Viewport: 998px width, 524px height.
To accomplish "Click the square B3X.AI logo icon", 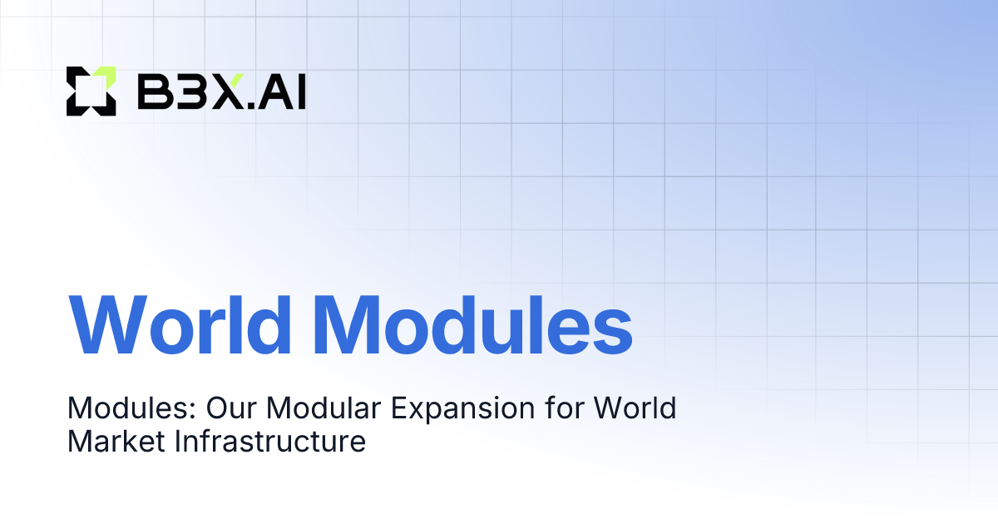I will click(91, 91).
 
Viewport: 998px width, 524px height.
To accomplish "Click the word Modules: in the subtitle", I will click(131, 409).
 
